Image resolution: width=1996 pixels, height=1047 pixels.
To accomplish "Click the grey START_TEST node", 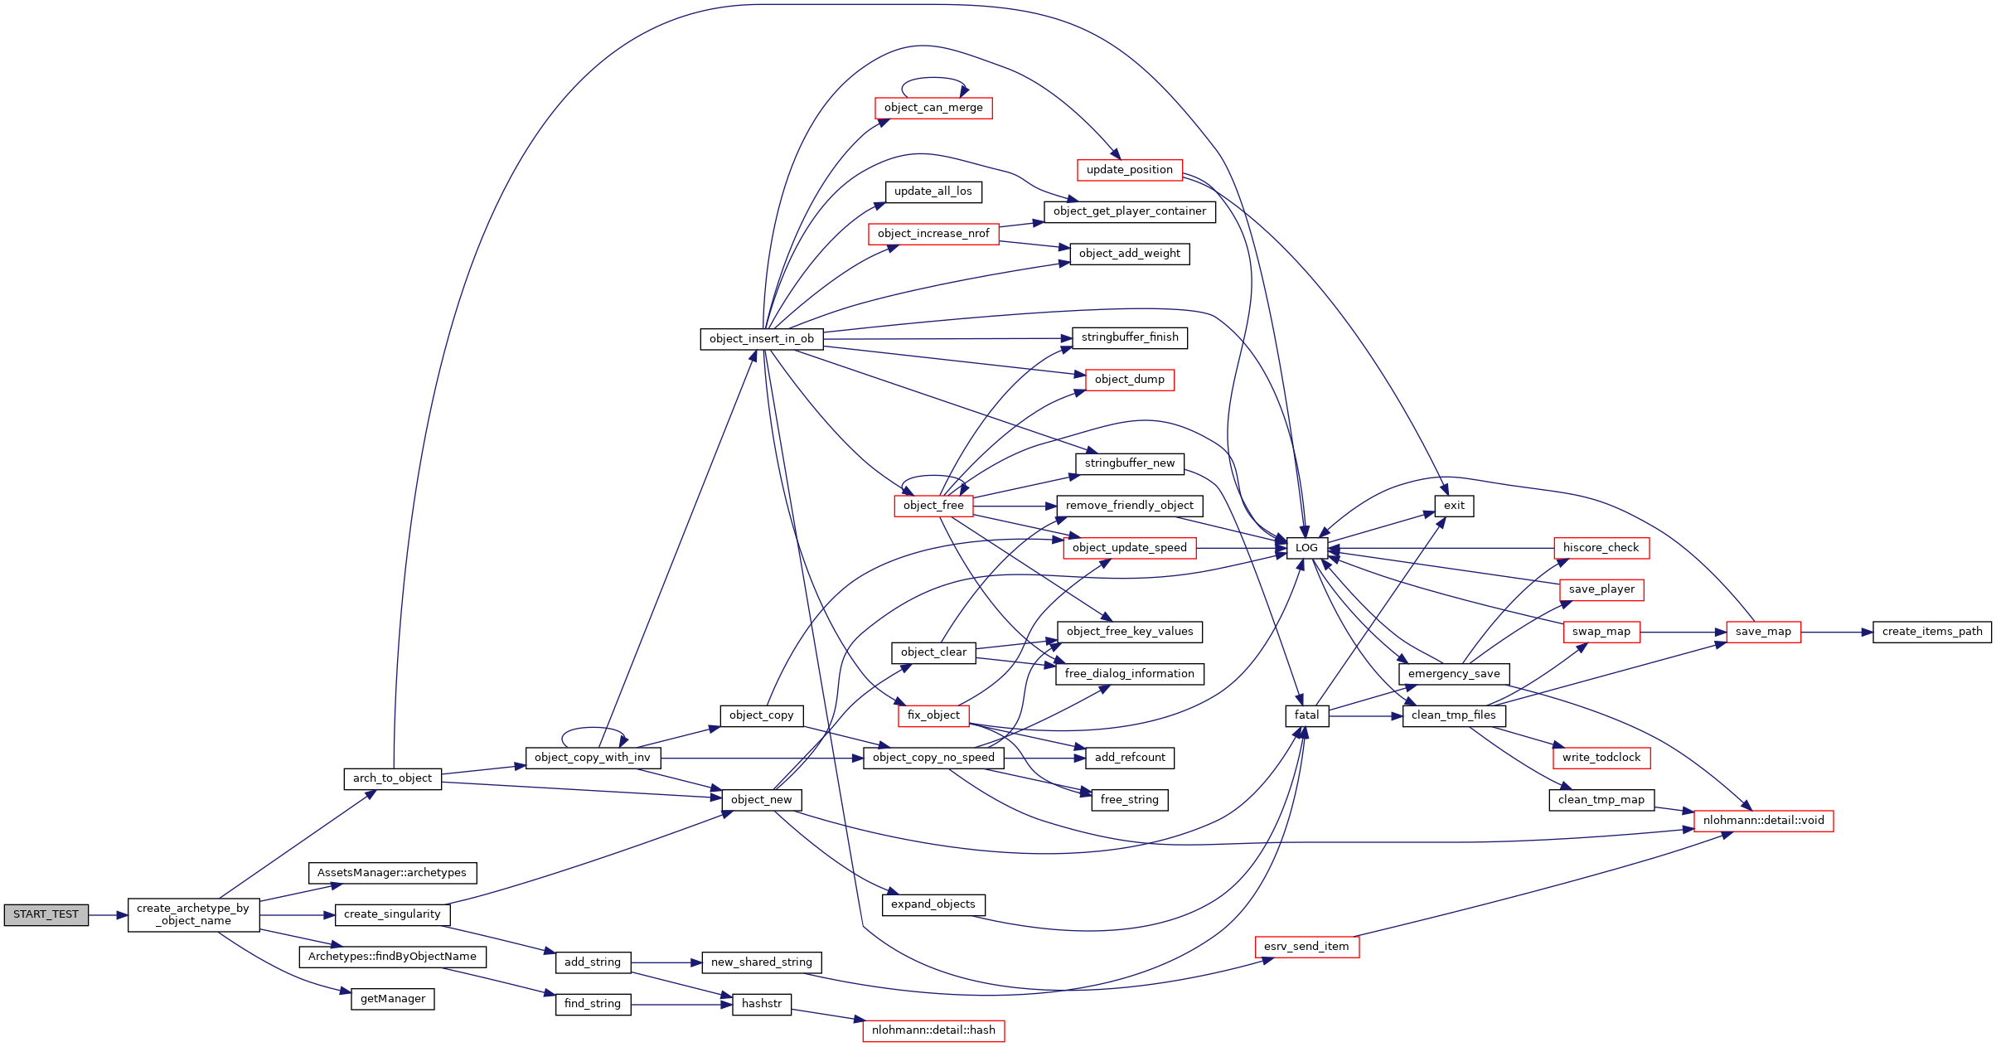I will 46,914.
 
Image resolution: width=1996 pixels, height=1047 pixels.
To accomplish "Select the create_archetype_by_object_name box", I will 193,914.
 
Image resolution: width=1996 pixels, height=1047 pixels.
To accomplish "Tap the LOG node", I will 1306,548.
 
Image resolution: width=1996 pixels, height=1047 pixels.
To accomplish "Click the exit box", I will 1454,506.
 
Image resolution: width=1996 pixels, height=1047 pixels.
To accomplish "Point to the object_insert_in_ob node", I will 761,339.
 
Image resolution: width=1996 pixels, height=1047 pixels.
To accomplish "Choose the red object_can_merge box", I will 933,108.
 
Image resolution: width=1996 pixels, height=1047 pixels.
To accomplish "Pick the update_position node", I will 1129,170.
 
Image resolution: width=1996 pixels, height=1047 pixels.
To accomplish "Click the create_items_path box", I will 1931,632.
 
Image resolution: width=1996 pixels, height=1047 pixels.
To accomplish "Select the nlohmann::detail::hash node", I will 933,1030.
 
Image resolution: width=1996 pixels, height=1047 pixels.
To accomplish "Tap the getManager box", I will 393,999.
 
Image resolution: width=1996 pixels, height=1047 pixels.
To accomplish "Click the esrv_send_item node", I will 1306,947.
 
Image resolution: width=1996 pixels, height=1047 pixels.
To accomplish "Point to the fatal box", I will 1306,715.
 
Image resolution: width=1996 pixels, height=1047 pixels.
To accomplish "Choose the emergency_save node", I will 1454,674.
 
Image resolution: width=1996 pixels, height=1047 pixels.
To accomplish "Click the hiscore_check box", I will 1601,548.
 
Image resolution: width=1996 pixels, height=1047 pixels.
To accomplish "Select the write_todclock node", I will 1601,758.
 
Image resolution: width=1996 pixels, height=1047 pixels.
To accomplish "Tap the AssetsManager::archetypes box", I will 392,873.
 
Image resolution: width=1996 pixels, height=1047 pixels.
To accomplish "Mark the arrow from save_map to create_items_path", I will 1836,633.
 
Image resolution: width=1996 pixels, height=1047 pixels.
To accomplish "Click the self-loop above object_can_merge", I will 933,80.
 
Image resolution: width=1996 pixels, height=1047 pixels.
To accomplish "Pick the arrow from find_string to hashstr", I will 681,1005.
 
